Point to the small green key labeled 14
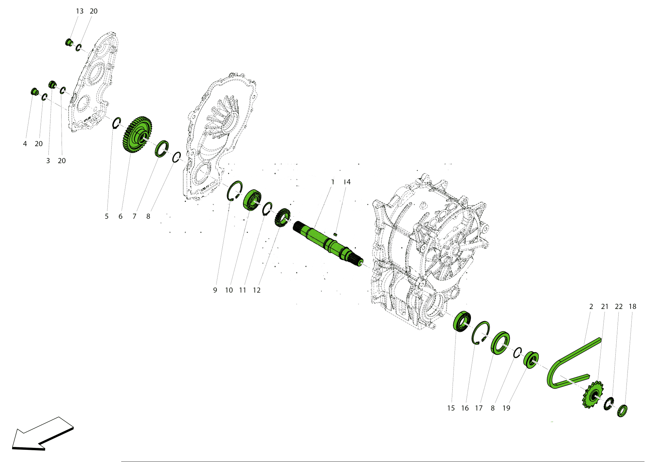tap(335, 234)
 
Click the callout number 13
tap(80, 11)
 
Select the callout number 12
tap(256, 290)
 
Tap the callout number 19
tap(506, 408)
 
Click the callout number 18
tap(632, 307)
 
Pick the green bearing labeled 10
tap(252, 200)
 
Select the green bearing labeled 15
tap(461, 322)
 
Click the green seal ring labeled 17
tap(500, 343)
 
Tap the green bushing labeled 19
tap(531, 360)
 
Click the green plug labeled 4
tap(34, 91)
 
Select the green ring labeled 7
tap(161, 148)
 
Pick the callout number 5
tap(106, 217)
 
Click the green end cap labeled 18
tap(622, 411)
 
